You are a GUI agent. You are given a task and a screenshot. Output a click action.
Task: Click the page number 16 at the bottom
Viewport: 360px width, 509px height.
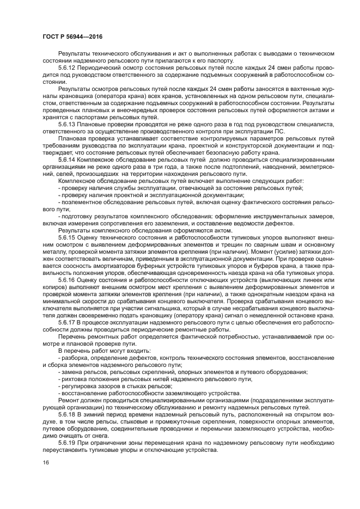46,462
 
